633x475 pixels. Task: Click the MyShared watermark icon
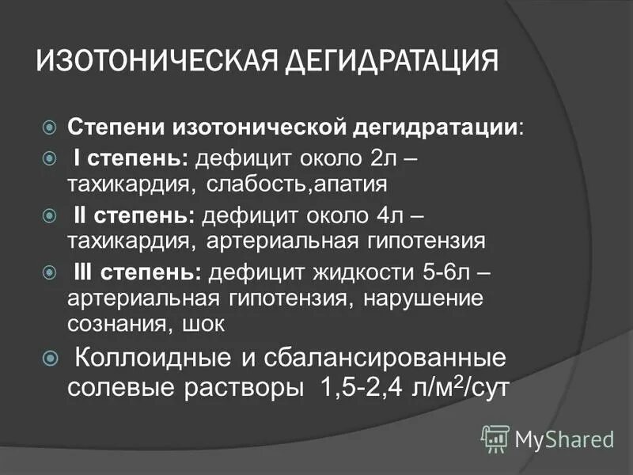point(496,438)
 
